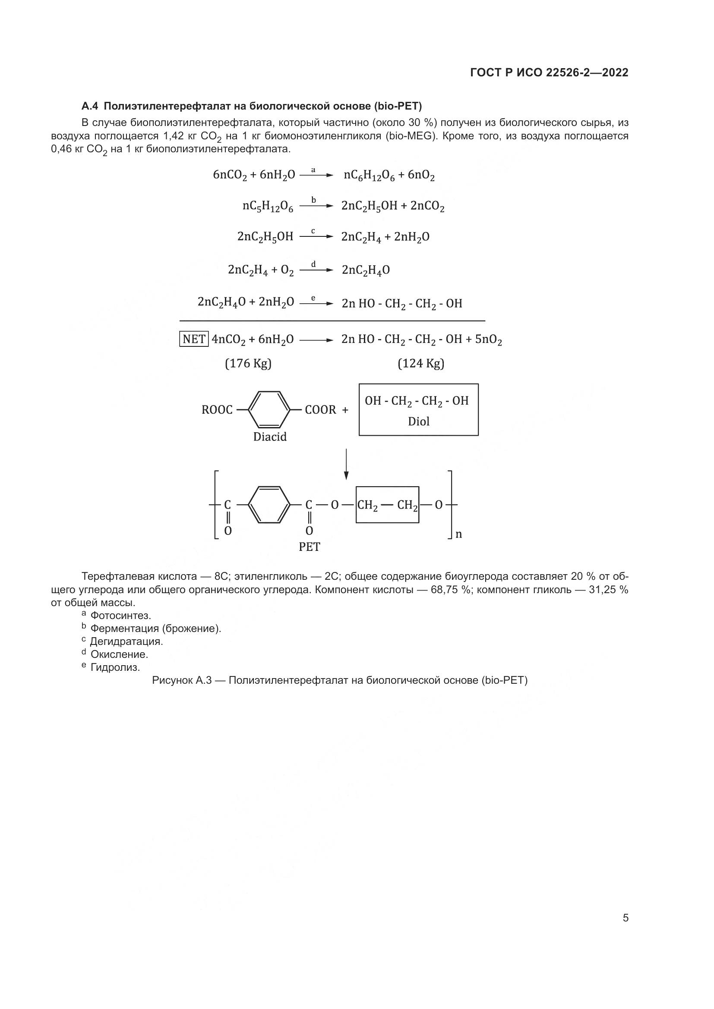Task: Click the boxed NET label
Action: pyautogui.click(x=194, y=339)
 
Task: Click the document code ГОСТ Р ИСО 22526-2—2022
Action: pyautogui.click(x=549, y=72)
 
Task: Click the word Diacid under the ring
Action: pyautogui.click(x=269, y=437)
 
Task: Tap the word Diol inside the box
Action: pyautogui.click(x=419, y=421)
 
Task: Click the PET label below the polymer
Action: pyautogui.click(x=310, y=547)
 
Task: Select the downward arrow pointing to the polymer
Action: pyautogui.click(x=347, y=464)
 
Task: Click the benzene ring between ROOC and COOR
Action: pyautogui.click(x=269, y=409)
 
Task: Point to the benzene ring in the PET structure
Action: pyautogui.click(x=269, y=505)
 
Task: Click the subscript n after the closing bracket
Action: pyautogui.click(x=458, y=535)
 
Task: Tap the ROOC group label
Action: pyautogui.click(x=217, y=410)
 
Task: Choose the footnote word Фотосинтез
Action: pyautogui.click(x=120, y=616)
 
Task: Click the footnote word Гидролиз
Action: pyautogui.click(x=115, y=667)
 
